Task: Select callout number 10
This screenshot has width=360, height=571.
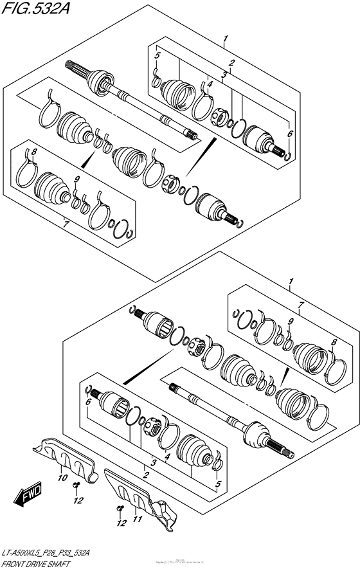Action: (62, 478)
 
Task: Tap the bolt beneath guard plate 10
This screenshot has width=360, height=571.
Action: (75, 486)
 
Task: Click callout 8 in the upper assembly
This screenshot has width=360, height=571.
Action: (34, 152)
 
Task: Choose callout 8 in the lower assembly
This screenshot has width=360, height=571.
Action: (333, 343)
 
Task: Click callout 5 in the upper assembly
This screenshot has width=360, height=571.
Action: (156, 57)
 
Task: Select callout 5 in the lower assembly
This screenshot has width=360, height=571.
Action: (218, 484)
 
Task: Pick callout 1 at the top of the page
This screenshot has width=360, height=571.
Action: (225, 40)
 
